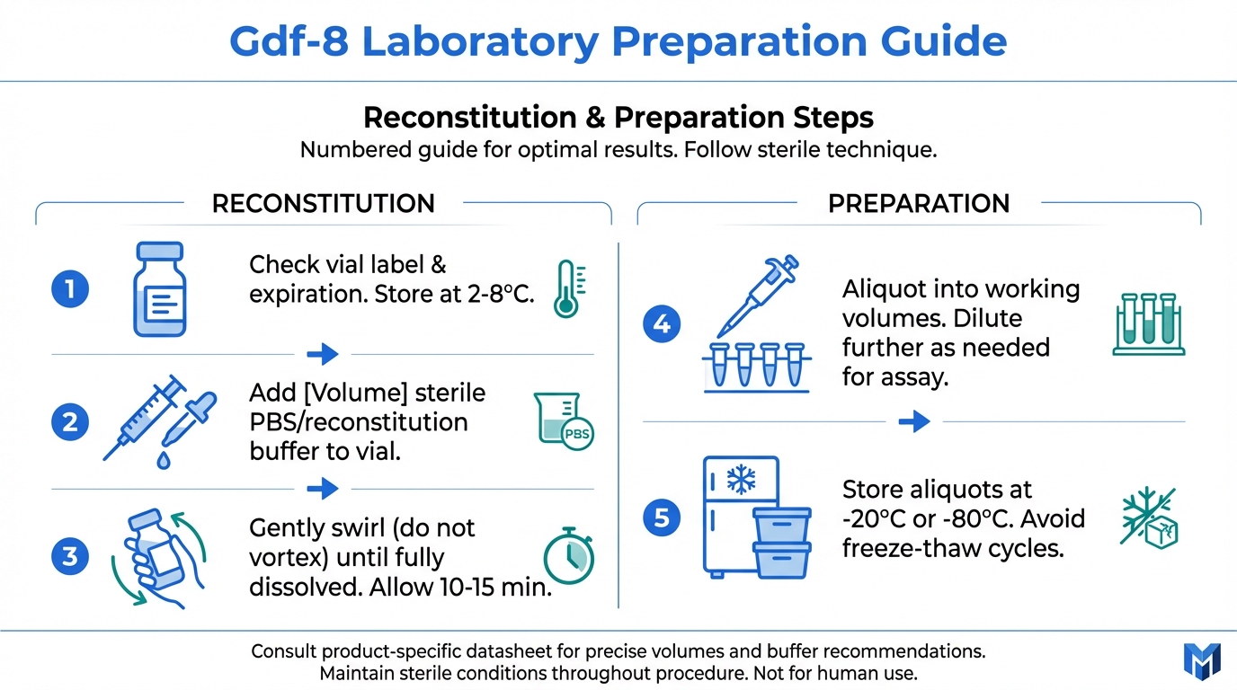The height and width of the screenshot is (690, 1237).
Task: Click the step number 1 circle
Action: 70,288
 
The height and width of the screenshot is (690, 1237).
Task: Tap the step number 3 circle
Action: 70,556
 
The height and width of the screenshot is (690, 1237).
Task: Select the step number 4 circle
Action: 662,324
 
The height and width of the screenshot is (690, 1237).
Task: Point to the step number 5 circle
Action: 662,517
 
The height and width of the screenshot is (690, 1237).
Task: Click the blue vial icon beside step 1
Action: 160,288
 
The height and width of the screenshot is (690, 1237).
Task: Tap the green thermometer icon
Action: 569,288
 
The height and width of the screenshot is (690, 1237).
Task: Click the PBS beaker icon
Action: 564,420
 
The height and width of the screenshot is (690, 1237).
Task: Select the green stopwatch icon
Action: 569,556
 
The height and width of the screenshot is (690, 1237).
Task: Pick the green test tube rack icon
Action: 1149,324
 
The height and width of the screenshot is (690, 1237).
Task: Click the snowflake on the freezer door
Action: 741,479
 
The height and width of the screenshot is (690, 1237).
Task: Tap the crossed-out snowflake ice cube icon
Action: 1150,517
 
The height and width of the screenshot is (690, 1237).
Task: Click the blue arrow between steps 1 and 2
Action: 323,354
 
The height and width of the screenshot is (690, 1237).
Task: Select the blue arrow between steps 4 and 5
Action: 914,421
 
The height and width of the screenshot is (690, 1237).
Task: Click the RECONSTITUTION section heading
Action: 324,203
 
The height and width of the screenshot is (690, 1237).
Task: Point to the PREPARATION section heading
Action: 919,203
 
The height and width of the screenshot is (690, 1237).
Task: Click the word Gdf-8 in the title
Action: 289,41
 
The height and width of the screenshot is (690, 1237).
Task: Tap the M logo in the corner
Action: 1202,661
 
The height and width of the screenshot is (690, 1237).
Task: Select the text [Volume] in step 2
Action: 356,393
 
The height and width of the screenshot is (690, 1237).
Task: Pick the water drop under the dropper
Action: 164,460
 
